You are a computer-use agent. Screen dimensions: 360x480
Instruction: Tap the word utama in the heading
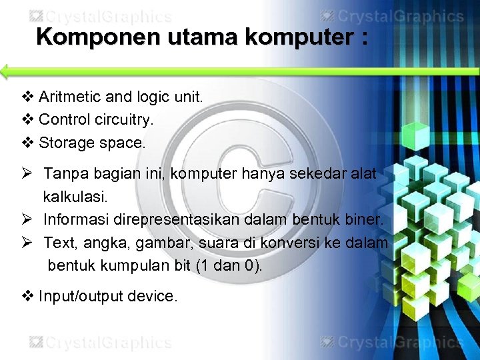tap(203, 37)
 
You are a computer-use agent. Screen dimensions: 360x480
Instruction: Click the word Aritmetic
tap(70, 97)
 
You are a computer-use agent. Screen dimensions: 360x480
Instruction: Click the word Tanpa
tap(65, 174)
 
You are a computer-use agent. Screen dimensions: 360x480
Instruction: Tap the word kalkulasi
tap(75, 197)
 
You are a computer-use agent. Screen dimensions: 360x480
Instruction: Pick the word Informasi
tap(77, 219)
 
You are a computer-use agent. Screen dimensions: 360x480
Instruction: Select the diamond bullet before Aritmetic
tap(27, 97)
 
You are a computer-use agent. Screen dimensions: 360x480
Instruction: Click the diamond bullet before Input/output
tap(27, 296)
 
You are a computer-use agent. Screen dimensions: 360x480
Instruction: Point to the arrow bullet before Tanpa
tap(27, 174)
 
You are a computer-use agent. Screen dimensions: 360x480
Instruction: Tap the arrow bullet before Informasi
tap(27, 219)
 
